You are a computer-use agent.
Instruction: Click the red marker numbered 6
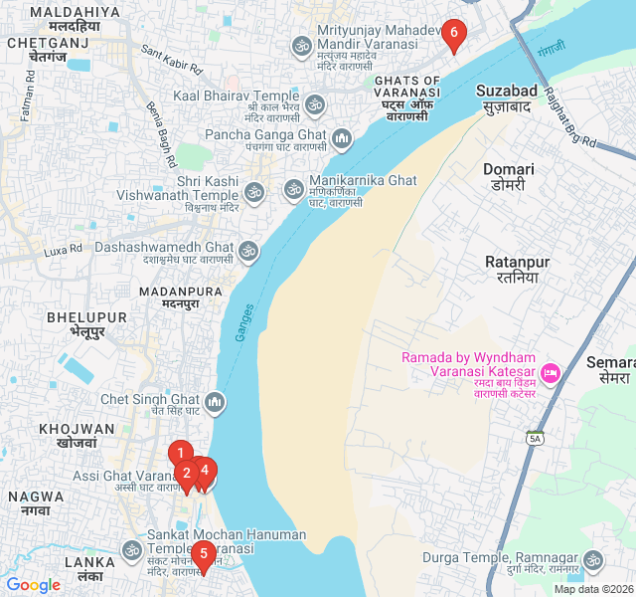coord(454,36)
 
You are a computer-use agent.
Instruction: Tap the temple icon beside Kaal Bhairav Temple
coord(314,103)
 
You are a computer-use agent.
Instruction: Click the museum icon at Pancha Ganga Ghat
coord(342,136)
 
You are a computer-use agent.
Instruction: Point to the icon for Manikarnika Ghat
coord(293,188)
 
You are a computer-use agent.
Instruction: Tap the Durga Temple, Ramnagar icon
coord(593,561)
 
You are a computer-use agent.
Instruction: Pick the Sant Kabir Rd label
coord(171,60)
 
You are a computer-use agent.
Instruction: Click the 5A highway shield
coord(535,438)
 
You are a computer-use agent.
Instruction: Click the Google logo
coord(33,585)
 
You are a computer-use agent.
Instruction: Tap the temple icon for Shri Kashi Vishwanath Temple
coord(254,190)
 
